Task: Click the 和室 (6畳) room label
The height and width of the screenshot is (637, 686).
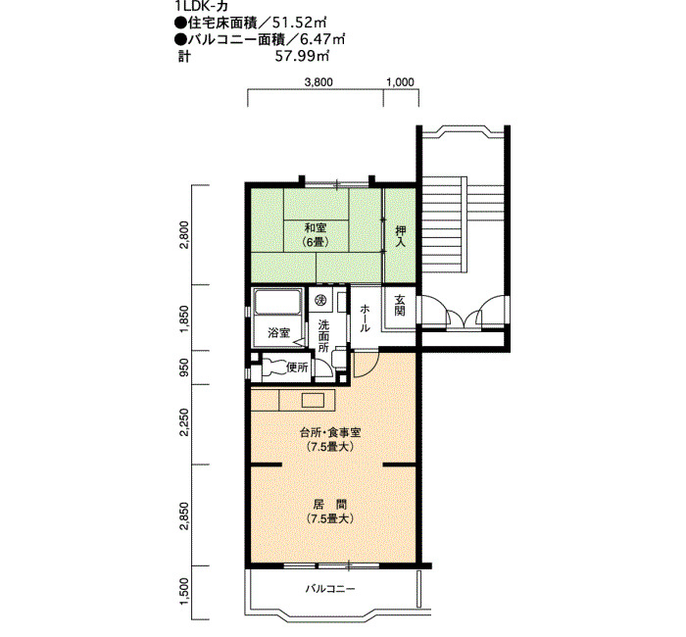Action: coord(317,235)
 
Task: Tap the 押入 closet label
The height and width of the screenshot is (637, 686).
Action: coord(400,235)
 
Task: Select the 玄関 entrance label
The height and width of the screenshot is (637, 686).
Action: coord(400,305)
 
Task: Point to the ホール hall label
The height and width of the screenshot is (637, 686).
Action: coord(365,318)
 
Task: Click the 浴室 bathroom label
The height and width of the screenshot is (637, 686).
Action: coord(278,332)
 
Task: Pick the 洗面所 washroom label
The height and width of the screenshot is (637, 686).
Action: coord(323,336)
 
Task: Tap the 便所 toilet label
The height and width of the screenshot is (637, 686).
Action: coord(297,367)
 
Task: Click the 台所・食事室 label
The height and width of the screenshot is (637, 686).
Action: coord(330,433)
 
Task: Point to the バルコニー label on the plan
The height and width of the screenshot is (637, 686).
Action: coord(330,588)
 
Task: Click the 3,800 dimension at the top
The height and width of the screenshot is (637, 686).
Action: coord(318,81)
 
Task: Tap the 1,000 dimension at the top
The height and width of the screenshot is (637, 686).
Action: coord(400,81)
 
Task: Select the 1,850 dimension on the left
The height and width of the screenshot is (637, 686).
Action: coord(184,318)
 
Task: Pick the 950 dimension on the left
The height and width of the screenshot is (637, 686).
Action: coord(184,367)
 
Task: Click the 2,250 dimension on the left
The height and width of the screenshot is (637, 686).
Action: coord(184,421)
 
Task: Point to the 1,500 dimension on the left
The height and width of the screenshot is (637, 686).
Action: coord(184,592)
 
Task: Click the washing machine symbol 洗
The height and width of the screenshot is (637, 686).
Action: coord(321,300)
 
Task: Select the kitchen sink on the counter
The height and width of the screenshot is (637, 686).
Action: coord(313,400)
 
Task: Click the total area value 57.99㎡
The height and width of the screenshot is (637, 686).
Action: coord(302,57)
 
